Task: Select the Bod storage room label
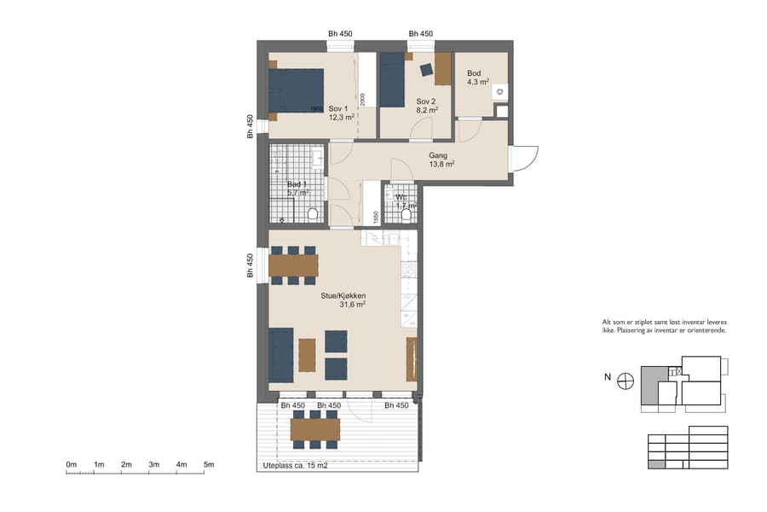point(475,73)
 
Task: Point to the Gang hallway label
point(438,156)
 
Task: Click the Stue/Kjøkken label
point(343,295)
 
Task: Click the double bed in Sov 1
point(296,90)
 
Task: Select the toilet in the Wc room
point(406,215)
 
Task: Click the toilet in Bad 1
point(312,213)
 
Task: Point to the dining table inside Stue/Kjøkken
point(293,265)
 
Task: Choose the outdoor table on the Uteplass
point(314,429)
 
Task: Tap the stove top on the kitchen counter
point(408,270)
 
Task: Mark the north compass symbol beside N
point(626,381)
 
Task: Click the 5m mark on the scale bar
point(209,465)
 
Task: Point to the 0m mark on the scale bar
point(72,465)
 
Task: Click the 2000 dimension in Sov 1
point(362,99)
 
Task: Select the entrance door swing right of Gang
point(524,158)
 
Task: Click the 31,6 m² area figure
point(353,305)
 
